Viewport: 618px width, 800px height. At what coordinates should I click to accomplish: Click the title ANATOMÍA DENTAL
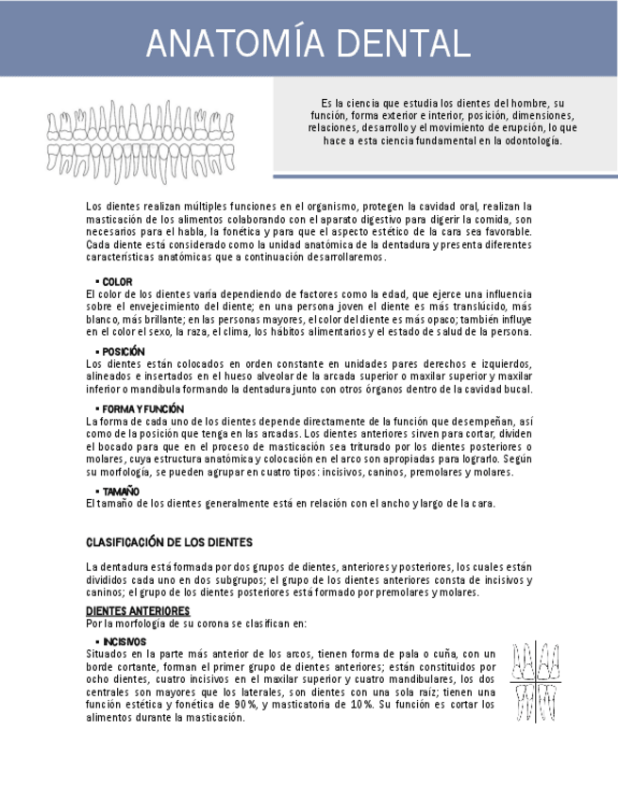(308, 43)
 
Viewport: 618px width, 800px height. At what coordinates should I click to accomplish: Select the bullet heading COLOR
(117, 282)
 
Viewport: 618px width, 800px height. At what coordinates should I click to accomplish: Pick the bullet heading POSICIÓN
(124, 352)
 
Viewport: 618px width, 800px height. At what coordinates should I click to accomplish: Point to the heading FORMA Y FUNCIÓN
(143, 408)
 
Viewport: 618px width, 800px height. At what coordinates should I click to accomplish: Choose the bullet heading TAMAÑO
(121, 492)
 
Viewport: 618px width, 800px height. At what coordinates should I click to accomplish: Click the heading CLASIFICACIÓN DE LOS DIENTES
(169, 542)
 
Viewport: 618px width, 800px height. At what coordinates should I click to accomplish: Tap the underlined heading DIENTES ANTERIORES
(138, 611)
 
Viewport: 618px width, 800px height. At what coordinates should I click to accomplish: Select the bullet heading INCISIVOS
(125, 642)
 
